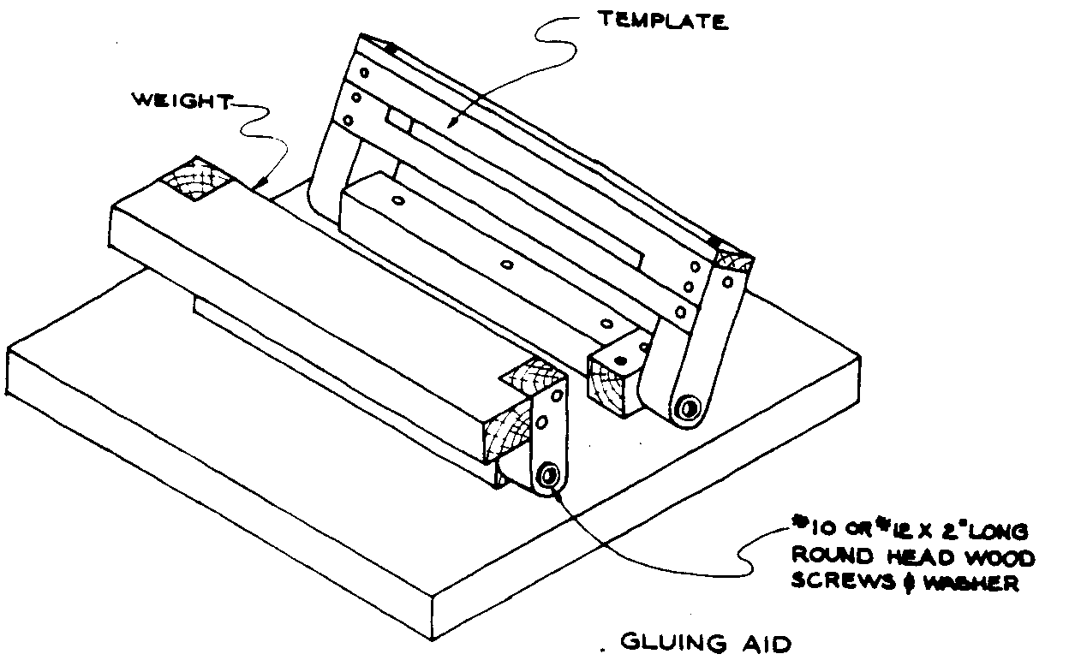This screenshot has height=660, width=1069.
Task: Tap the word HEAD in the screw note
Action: tap(917, 557)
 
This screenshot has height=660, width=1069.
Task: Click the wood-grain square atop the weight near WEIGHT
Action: tap(197, 178)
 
